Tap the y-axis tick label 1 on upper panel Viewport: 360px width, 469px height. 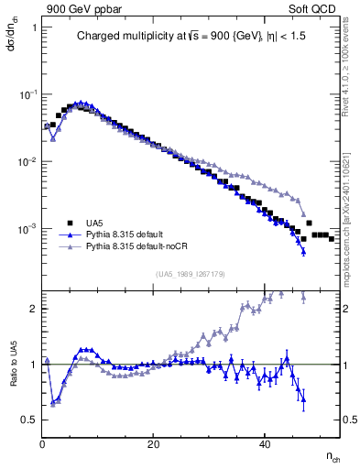tap(34, 27)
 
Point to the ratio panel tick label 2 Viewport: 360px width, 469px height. tap(33, 309)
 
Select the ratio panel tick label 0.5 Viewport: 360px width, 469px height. tap(29, 420)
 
